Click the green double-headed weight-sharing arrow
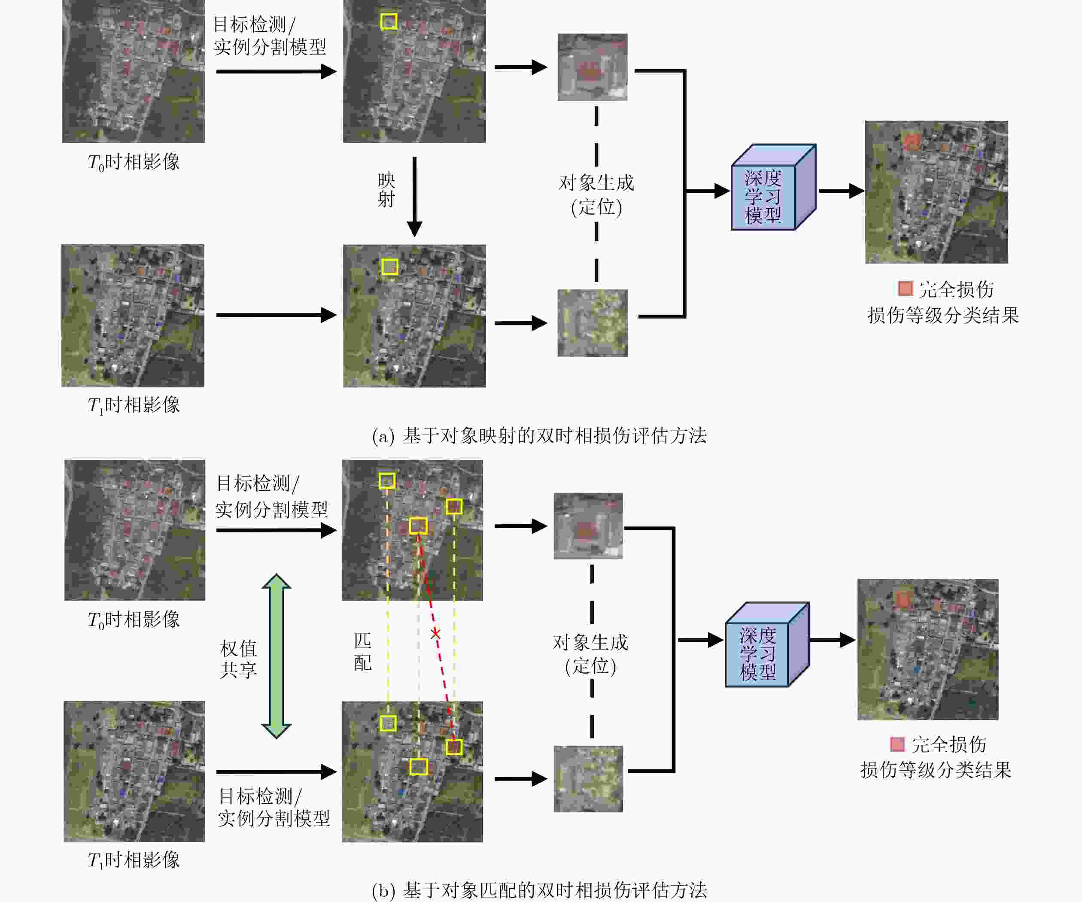pyautogui.click(x=277, y=656)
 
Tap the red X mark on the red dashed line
pyautogui.click(x=435, y=634)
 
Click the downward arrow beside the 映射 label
pyautogui.click(x=414, y=197)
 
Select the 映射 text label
pyautogui.click(x=386, y=190)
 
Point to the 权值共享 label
pyautogui.click(x=239, y=659)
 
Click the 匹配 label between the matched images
pyautogui.click(x=363, y=652)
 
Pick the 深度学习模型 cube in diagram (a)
pyautogui.click(x=773, y=187)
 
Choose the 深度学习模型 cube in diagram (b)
pyautogui.click(x=767, y=644)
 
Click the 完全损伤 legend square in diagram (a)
pyautogui.click(x=905, y=289)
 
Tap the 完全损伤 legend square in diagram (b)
pyautogui.click(x=897, y=744)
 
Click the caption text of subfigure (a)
pyautogui.click(x=539, y=436)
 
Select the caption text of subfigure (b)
pyautogui.click(x=539, y=890)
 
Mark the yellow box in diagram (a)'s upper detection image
pyautogui.click(x=389, y=21)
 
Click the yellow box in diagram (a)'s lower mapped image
pyautogui.click(x=390, y=267)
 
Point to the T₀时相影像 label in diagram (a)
pyautogui.click(x=134, y=162)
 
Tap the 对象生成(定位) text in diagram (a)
pyautogui.click(x=597, y=195)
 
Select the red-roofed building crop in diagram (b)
pyautogui.click(x=588, y=526)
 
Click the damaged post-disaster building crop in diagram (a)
pyautogui.click(x=593, y=323)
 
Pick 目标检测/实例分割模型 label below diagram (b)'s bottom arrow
pyautogui.click(x=274, y=807)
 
